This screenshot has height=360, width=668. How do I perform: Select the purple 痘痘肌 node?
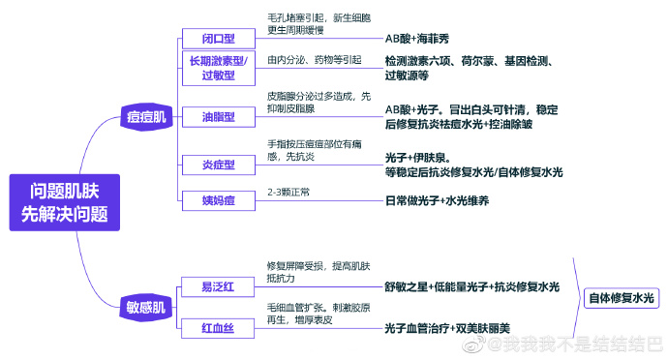[146, 117]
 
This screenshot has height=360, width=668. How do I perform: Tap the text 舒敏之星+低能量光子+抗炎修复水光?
[471, 286]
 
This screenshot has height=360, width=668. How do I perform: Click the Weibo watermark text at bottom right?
[581, 345]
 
